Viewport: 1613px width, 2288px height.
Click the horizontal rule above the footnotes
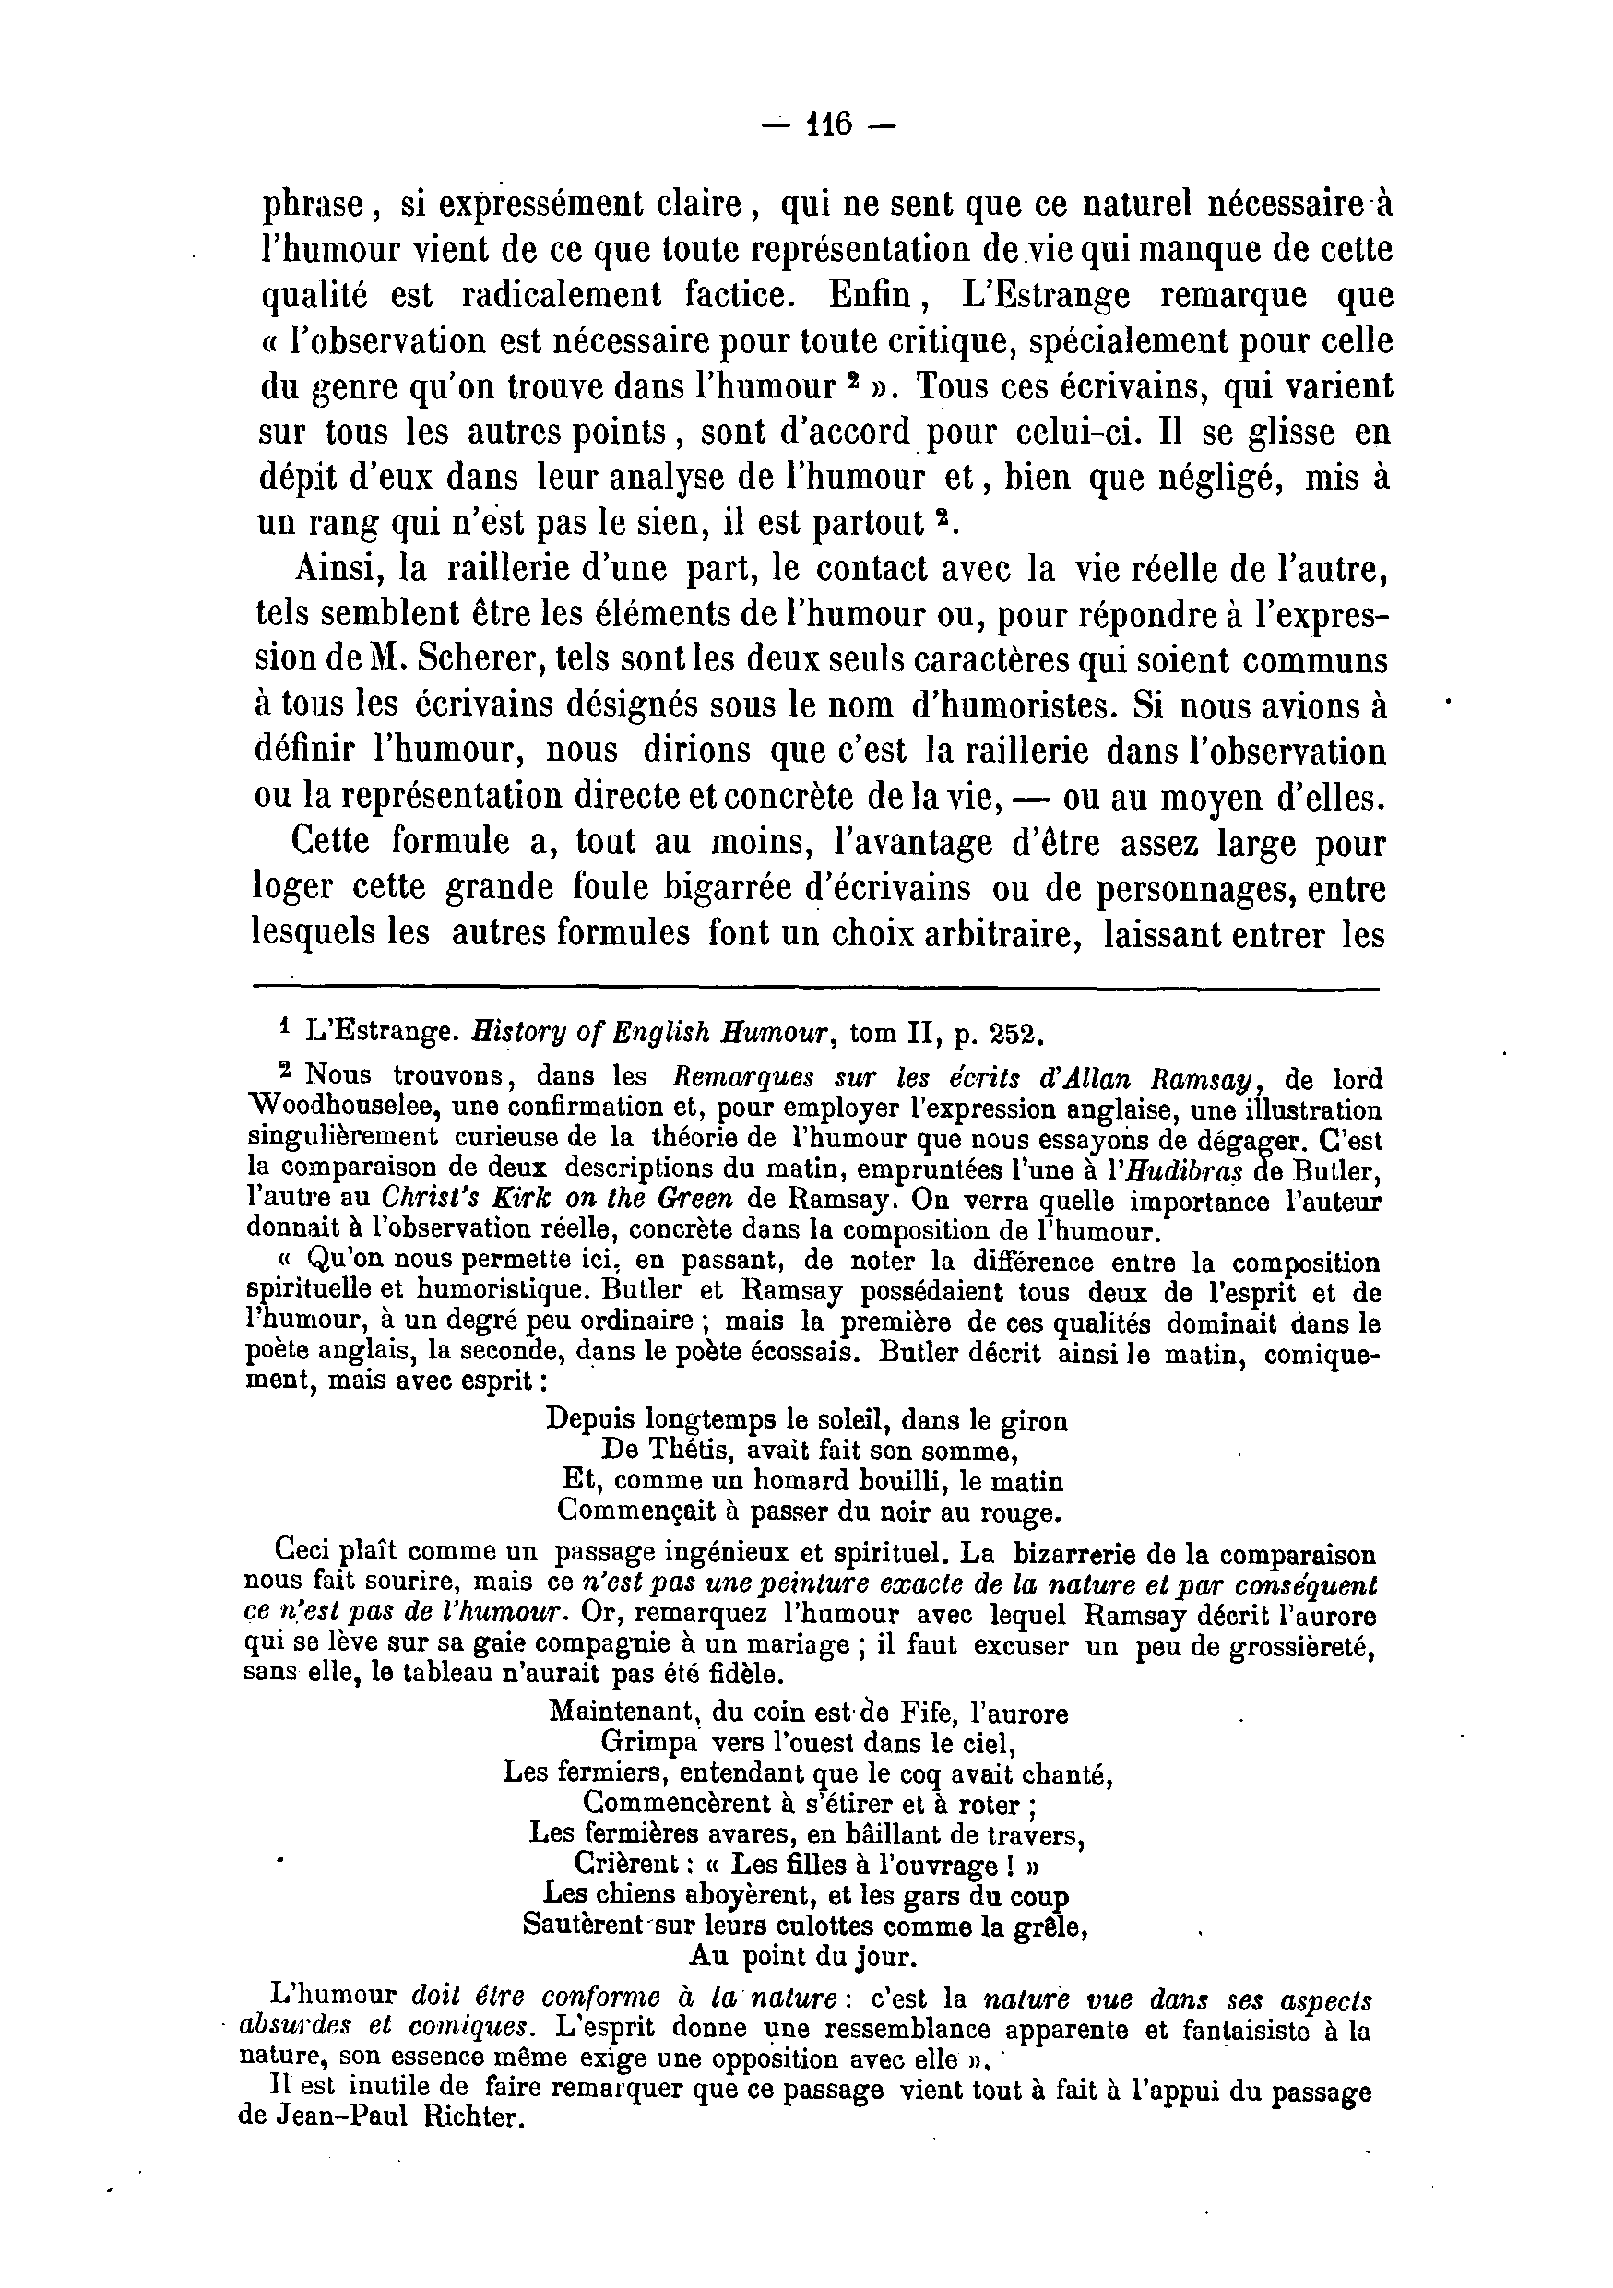click(817, 989)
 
